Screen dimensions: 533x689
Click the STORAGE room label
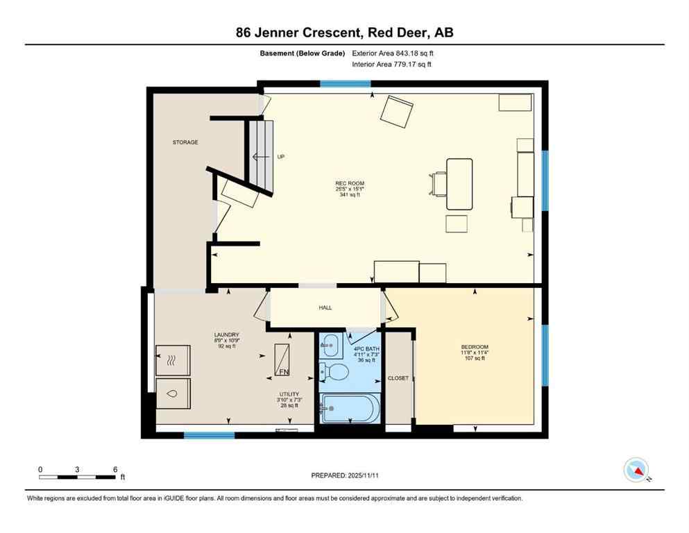(185, 142)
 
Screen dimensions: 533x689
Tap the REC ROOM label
(350, 184)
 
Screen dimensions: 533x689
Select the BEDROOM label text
(475, 347)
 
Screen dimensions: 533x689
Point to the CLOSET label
(398, 378)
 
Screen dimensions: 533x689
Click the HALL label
(325, 307)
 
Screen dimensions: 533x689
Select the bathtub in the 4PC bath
(350, 408)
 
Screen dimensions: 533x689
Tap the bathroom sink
(331, 343)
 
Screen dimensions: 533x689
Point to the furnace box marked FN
(282, 360)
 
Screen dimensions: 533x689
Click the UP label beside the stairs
(281, 157)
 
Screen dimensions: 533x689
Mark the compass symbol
(636, 471)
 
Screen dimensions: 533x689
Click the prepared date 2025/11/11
(344, 475)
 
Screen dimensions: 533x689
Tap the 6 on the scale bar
(115, 469)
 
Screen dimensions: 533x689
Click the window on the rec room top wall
(345, 84)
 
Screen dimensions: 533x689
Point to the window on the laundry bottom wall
(209, 435)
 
